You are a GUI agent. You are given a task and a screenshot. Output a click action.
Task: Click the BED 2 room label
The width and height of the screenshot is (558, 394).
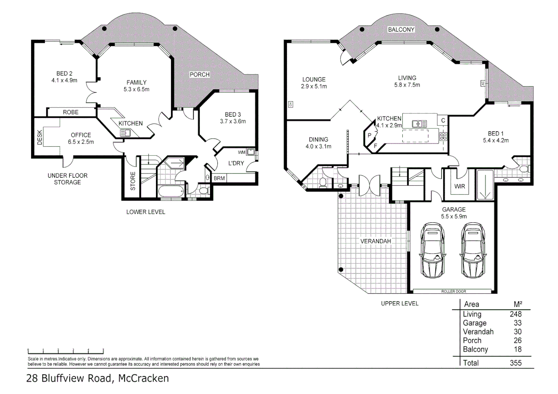pyautogui.click(x=64, y=73)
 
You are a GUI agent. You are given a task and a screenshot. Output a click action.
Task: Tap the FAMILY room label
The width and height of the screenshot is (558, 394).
pyautogui.click(x=136, y=82)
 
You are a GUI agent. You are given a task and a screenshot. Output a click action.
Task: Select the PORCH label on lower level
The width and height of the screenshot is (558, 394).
pyautogui.click(x=199, y=74)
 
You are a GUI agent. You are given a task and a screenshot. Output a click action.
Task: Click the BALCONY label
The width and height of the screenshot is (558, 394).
pyautogui.click(x=401, y=30)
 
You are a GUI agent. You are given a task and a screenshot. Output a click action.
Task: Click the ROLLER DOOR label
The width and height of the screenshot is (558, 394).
pyautogui.click(x=454, y=291)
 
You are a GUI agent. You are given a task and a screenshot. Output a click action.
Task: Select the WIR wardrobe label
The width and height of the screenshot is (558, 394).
pyautogui.click(x=459, y=186)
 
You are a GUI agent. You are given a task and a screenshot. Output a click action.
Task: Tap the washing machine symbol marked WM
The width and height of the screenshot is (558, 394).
pyautogui.click(x=251, y=152)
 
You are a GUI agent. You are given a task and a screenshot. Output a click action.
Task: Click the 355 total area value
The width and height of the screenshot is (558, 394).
pyautogui.click(x=516, y=363)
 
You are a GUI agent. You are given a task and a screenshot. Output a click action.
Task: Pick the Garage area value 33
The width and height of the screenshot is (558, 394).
pyautogui.click(x=517, y=323)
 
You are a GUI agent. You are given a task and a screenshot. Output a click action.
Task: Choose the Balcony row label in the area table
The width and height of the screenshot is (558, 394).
pyautogui.click(x=475, y=349)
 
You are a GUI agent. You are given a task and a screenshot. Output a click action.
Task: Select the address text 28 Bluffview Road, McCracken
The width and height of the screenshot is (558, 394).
pyautogui.click(x=98, y=378)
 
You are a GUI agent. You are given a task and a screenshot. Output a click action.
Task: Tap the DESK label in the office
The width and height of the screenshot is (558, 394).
pyautogui.click(x=40, y=138)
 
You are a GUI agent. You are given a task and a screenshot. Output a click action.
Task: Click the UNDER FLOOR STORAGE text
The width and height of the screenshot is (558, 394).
pyautogui.click(x=68, y=179)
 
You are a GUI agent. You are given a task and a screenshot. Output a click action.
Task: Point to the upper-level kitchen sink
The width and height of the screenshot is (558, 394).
pyautogui.click(x=419, y=124)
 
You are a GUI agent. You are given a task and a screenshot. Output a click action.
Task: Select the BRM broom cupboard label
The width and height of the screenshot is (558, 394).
pyautogui.click(x=219, y=178)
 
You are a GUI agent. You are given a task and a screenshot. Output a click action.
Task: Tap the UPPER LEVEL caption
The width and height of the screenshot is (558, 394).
pyautogui.click(x=400, y=304)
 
